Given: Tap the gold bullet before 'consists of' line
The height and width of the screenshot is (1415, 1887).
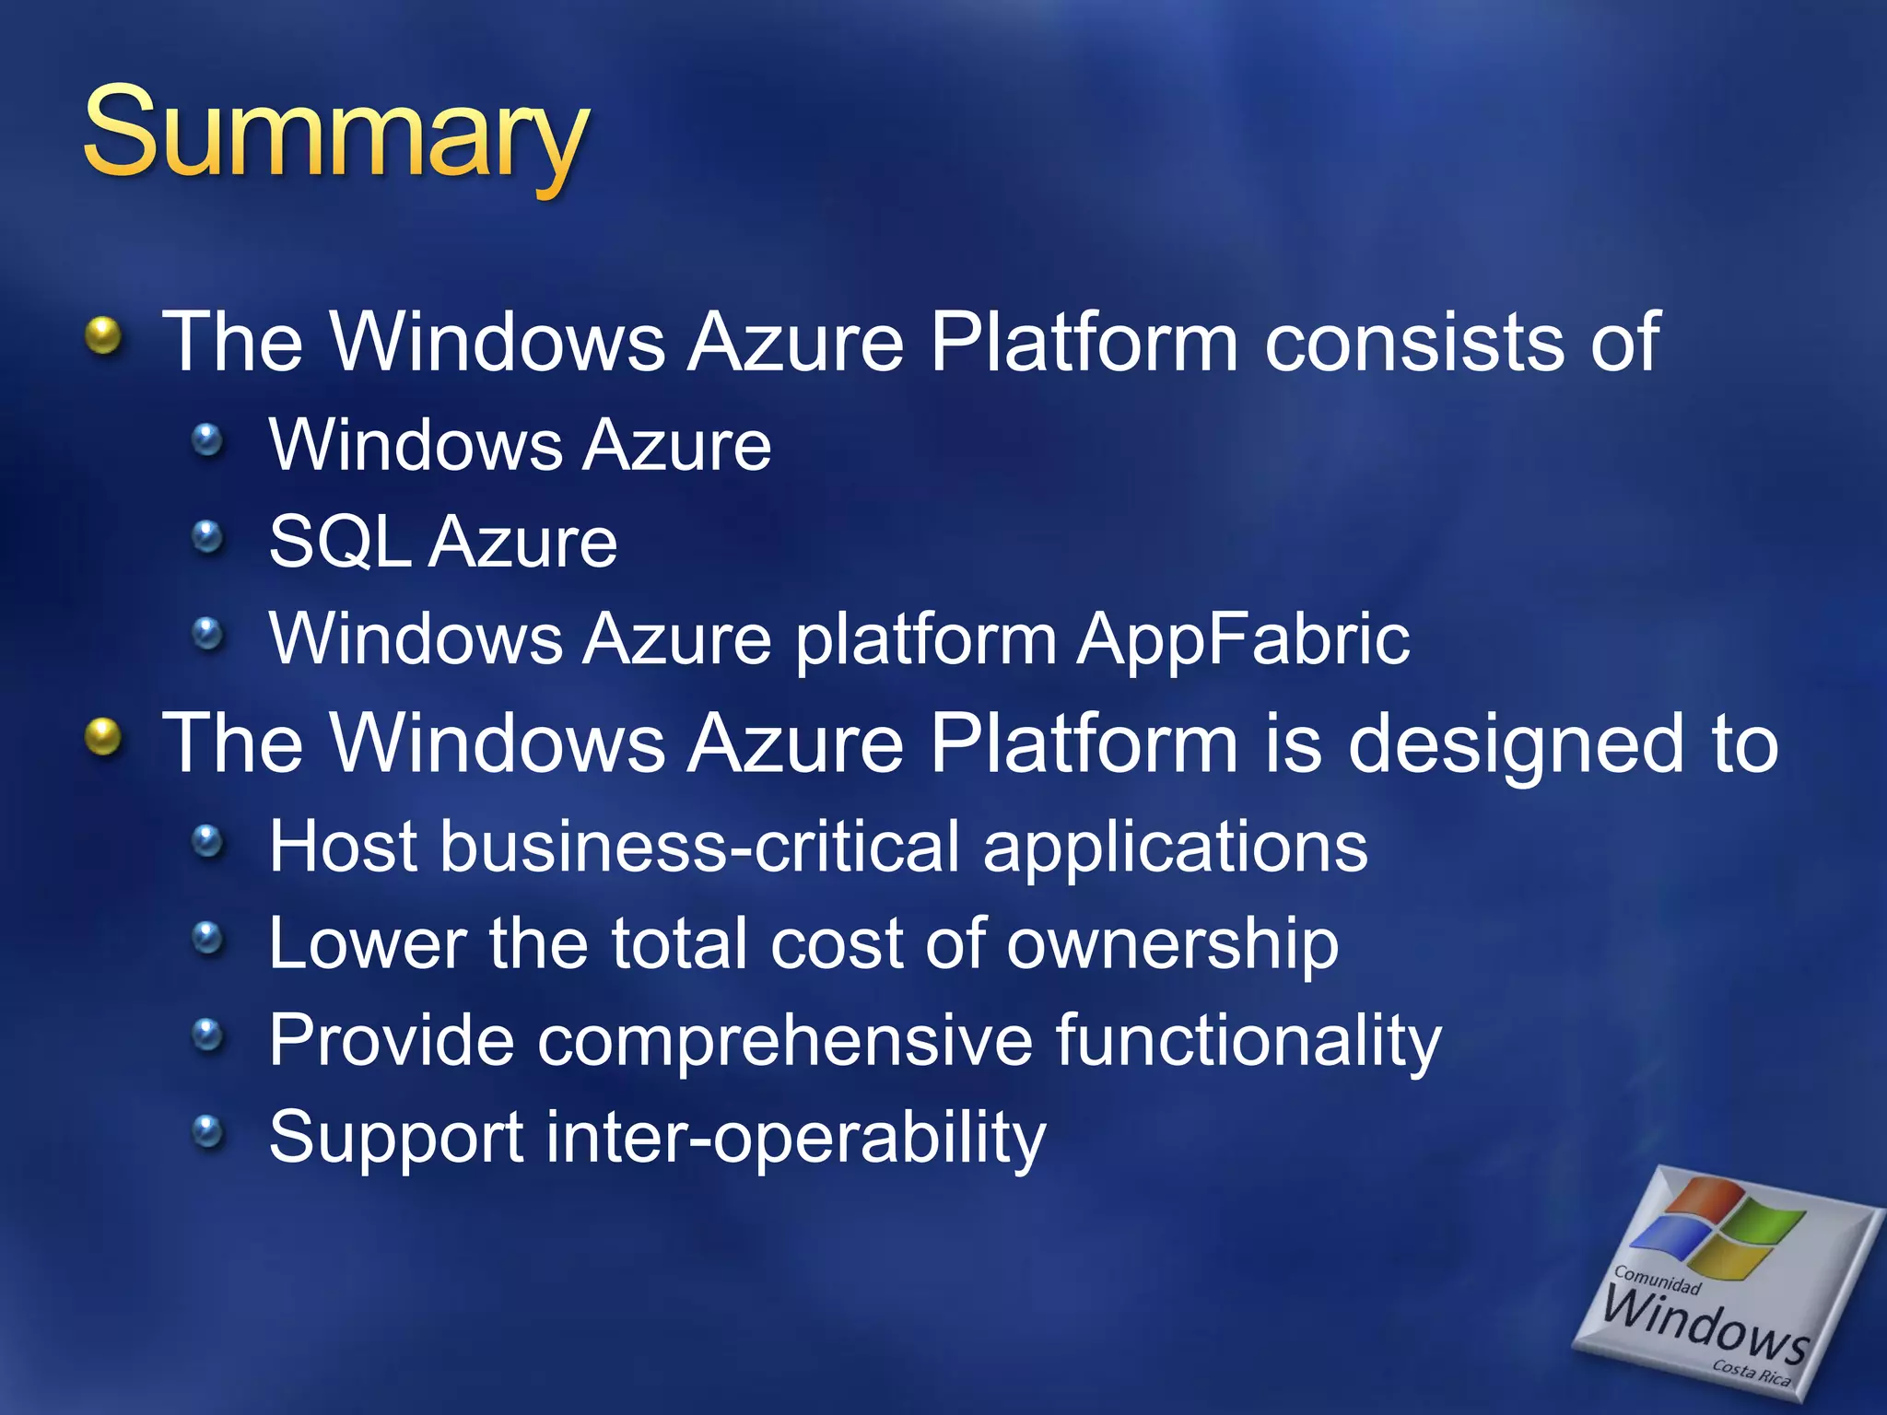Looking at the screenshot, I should point(104,336).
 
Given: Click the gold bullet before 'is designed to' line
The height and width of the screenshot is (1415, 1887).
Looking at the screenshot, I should point(104,738).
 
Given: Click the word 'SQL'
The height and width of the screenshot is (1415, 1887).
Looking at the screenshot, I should point(339,543).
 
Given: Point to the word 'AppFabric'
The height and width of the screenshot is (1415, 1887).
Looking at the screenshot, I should point(1243,638).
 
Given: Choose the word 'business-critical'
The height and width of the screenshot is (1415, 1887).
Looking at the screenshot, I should point(700,846).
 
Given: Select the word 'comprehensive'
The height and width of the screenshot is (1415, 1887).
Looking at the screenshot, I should point(784,1041).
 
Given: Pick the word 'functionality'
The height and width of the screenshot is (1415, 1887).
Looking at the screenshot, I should point(1248,1041).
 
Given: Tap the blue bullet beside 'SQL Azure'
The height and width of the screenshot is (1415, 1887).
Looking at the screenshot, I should point(208,536).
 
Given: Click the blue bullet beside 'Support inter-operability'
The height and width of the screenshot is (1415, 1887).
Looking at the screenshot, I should point(208,1131).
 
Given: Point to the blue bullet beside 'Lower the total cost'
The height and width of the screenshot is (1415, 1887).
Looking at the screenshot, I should point(208,939).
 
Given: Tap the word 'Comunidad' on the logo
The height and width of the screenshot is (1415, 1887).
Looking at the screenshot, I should point(1657,1280).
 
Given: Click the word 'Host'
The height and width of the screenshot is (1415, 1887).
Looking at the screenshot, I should point(343,846).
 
